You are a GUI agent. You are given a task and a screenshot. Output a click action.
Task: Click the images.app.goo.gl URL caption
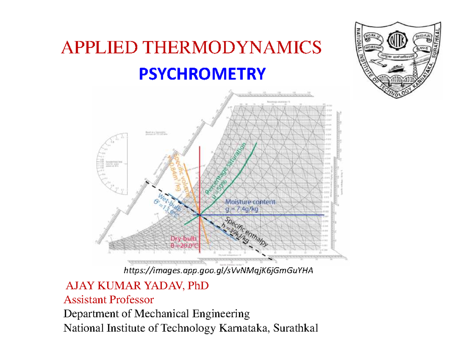(x=218, y=270)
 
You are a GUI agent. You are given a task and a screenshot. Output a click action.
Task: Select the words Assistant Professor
(x=109, y=300)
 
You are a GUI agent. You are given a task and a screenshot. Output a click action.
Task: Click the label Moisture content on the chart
(x=250, y=202)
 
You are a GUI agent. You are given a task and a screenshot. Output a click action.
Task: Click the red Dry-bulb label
(x=184, y=239)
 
